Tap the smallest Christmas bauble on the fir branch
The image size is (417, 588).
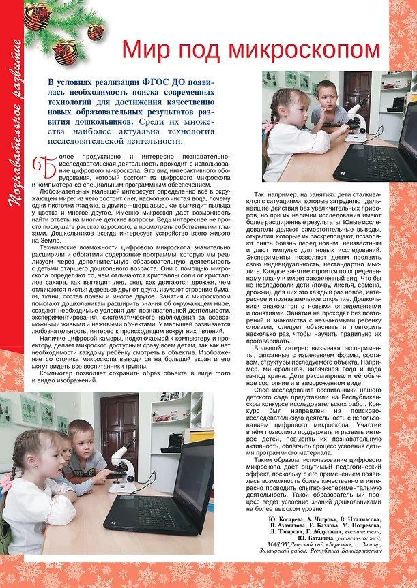(x=95, y=31)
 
